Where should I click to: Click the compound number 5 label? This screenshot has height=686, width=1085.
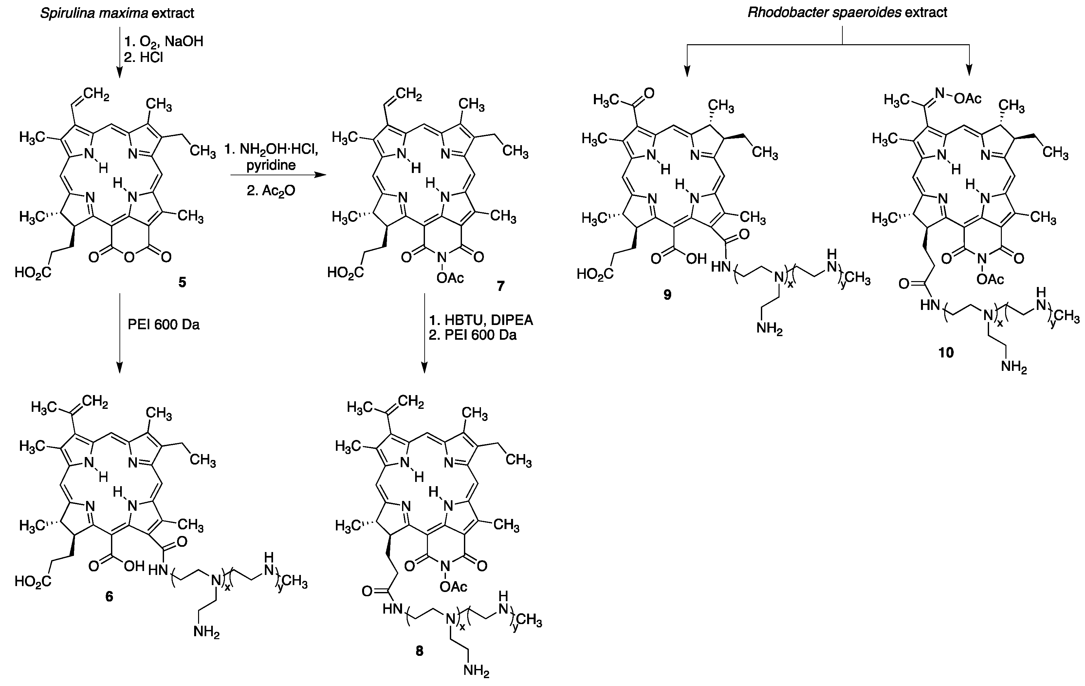pyautogui.click(x=182, y=283)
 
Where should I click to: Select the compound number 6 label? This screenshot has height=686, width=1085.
pyautogui.click(x=109, y=596)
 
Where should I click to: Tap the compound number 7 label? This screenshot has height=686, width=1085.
pyautogui.click(x=501, y=286)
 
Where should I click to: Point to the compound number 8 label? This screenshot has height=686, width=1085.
pyautogui.click(x=419, y=651)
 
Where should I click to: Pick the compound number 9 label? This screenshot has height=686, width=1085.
pyautogui.click(x=667, y=295)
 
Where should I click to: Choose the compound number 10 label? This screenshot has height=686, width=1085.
pyautogui.click(x=946, y=353)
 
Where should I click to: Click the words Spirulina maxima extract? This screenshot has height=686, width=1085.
pyautogui.click(x=117, y=13)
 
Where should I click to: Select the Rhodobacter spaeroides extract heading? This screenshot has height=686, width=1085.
pyautogui.click(x=847, y=12)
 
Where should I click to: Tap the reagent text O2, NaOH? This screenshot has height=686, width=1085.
pyautogui.click(x=164, y=42)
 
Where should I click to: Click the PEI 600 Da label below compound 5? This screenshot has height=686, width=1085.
pyautogui.click(x=164, y=325)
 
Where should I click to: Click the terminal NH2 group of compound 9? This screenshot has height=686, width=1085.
pyautogui.click(x=770, y=329)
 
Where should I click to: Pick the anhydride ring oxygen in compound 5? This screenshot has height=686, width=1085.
pyautogui.click(x=129, y=257)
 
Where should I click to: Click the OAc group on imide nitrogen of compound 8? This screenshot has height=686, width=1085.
pyautogui.click(x=452, y=586)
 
